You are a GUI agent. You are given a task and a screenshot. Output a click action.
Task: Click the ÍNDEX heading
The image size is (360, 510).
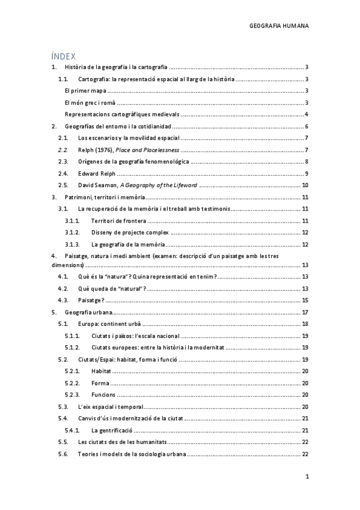[x=64, y=55]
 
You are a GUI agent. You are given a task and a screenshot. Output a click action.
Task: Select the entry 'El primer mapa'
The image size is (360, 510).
[x=85, y=91]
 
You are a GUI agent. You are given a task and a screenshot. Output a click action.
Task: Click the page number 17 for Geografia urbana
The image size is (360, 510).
[x=305, y=312]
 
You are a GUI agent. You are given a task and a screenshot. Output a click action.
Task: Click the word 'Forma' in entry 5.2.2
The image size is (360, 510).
[x=100, y=383]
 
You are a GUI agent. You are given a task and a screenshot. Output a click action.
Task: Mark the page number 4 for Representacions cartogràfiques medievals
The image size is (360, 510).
[x=307, y=114]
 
